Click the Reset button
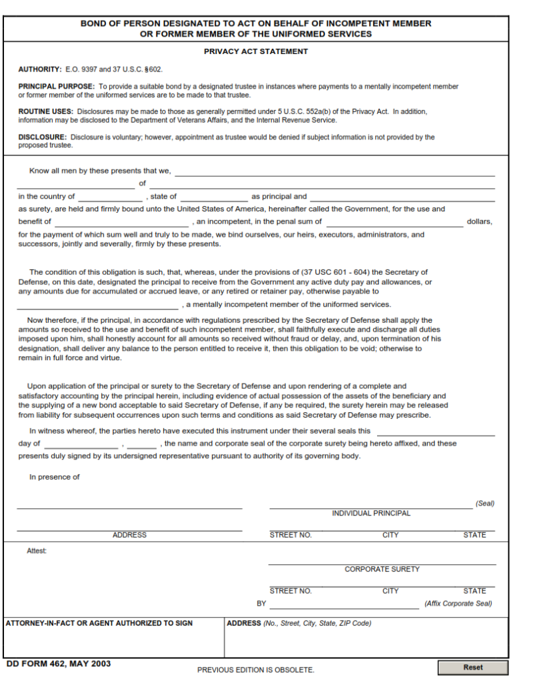point(472,667)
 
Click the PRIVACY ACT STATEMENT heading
point(256,51)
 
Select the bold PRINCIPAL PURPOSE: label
point(57,87)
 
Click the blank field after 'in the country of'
point(110,197)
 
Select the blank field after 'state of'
point(213,197)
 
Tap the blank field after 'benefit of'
point(121,221)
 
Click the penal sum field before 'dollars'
point(394,221)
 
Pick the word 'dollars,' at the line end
point(479,221)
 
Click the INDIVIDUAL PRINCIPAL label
point(371,514)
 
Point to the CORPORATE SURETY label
point(382,570)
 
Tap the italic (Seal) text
point(484,504)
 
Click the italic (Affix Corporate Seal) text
point(458,604)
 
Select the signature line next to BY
point(344,604)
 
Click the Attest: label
point(37,551)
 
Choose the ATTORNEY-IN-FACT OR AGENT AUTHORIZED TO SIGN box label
point(99,623)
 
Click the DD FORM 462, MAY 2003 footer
point(59,664)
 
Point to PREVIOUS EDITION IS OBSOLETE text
point(255,670)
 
